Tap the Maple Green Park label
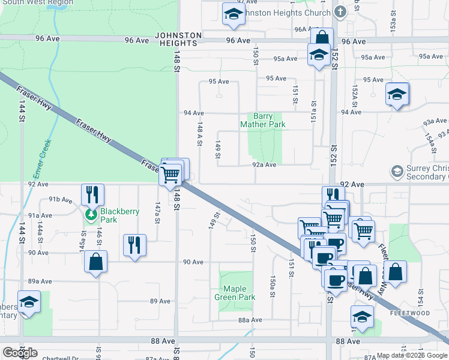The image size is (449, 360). [235, 293]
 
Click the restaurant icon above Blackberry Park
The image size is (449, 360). [92, 194]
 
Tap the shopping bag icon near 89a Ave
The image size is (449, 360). [95, 262]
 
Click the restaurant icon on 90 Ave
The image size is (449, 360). [134, 245]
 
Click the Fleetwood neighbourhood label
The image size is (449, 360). [409, 313]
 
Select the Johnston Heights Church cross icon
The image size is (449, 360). [340, 12]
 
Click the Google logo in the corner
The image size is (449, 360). [20, 353]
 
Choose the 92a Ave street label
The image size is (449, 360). [264, 164]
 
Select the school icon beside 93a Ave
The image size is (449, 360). [397, 94]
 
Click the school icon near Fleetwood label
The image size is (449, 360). [362, 317]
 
